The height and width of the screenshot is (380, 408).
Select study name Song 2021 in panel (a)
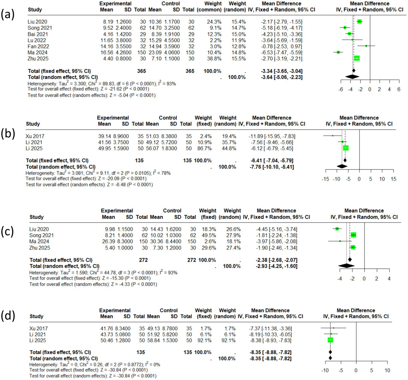pyautogui.click(x=40, y=28)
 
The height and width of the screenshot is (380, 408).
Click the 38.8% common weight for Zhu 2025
pyautogui.click(x=214, y=59)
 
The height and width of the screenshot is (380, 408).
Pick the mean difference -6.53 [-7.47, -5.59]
pyautogui.click(x=281, y=52)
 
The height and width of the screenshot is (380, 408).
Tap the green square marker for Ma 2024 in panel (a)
pyautogui.click(x=338, y=52)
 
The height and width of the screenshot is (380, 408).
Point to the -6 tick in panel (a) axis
pyautogui.click(x=341, y=89)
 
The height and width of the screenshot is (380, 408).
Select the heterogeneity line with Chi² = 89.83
pyautogui.click(x=102, y=84)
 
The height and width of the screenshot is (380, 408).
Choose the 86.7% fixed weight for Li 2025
pyautogui.click(x=204, y=148)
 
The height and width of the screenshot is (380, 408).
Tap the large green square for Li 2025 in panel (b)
pyautogui.click(x=346, y=148)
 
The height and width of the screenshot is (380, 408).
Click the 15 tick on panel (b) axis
pyautogui.click(x=393, y=179)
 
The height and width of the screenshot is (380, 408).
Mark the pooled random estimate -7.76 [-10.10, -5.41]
pyautogui.click(x=272, y=167)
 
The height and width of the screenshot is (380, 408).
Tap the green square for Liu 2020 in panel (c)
pyautogui.click(x=337, y=229)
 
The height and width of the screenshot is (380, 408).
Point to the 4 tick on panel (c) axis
pyautogui.click(x=389, y=279)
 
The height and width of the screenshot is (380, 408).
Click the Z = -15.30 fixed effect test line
pyautogui.click(x=90, y=278)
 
